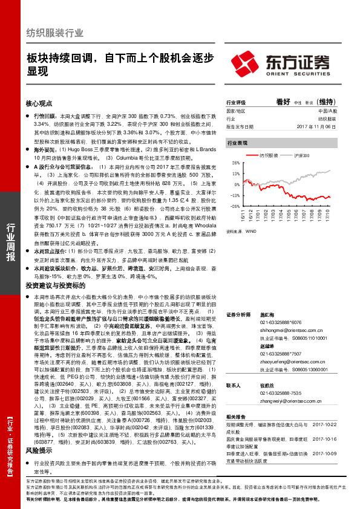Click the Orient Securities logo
[x=282, y=62]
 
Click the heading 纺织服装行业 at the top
[x=54, y=33]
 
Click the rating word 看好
[x=283, y=102]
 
